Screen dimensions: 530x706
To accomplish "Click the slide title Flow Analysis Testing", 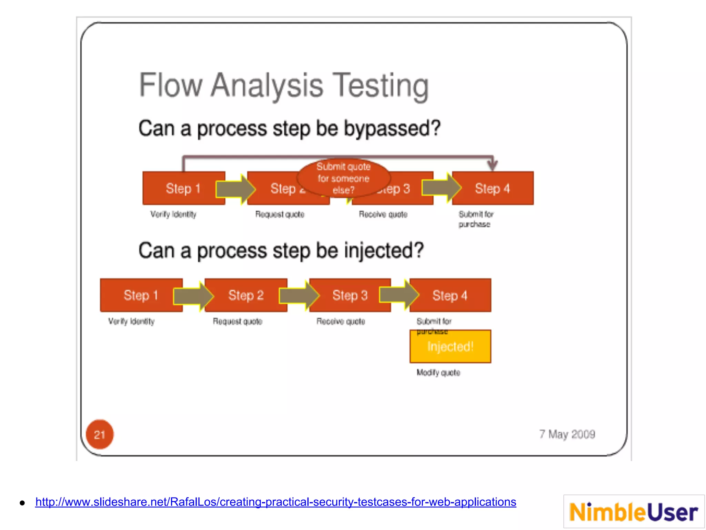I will pyautogui.click(x=284, y=86).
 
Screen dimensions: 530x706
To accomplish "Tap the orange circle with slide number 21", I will pyautogui.click(x=99, y=434).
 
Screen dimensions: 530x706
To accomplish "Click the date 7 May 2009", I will pyautogui.click(x=567, y=434).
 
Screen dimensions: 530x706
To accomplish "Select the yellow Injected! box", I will pyautogui.click(x=450, y=347).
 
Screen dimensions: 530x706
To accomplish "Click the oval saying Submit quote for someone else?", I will pyautogui.click(x=343, y=178).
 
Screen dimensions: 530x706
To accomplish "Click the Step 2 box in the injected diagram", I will pyautogui.click(x=246, y=295).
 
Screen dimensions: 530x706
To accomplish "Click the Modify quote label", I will pyautogui.click(x=438, y=373).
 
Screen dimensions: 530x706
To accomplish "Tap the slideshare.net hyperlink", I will pyautogui.click(x=275, y=502).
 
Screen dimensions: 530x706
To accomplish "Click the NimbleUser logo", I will pyautogui.click(x=634, y=512).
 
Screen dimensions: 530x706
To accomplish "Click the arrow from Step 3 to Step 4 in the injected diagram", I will pyautogui.click(x=399, y=295).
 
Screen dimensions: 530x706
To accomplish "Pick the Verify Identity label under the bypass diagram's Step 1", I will pyautogui.click(x=173, y=214).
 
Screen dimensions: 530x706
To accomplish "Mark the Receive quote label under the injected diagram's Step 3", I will pyautogui.click(x=341, y=321).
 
